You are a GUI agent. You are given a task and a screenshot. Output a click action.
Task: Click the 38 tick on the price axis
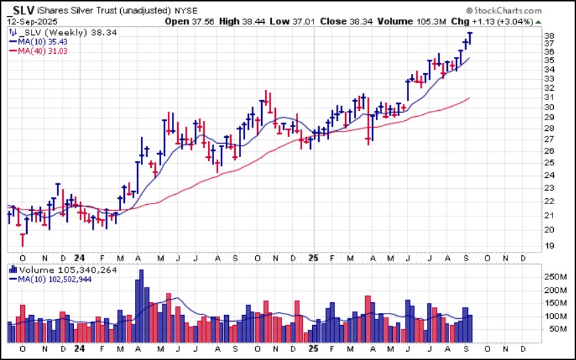[548, 36]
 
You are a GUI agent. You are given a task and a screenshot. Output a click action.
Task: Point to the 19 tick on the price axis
[548, 246]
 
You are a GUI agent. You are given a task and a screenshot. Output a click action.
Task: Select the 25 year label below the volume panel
[313, 351]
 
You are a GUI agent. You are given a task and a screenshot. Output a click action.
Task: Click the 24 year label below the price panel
[79, 257]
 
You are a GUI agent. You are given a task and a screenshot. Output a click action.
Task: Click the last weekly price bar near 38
[470, 38]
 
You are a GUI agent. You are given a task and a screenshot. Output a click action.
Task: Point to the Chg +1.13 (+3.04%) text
[496, 21]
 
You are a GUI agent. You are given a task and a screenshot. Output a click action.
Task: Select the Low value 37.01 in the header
[297, 21]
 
